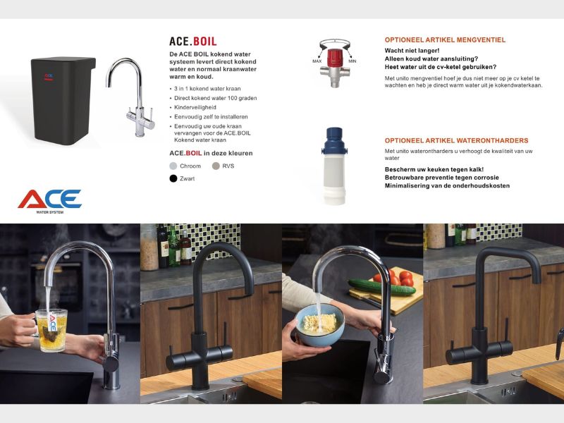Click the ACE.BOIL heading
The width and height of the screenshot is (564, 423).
click(192, 41)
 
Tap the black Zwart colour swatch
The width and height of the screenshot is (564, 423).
click(173, 178)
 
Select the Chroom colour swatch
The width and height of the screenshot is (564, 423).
click(173, 166)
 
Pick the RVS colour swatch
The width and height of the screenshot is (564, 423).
click(216, 166)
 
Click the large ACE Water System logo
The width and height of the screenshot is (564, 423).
click(49, 201)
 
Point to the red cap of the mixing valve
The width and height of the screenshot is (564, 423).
click(334, 58)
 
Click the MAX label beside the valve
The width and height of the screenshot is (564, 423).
click(317, 61)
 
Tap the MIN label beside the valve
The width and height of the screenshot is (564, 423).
click(352, 61)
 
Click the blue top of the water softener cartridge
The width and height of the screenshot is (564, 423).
click(334, 140)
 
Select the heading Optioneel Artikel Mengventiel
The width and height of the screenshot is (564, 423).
click(445, 40)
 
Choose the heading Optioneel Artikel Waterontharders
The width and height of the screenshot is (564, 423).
click(456, 140)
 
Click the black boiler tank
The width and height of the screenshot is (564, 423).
click(63, 101)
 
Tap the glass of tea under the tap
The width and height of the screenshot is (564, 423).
click(51, 330)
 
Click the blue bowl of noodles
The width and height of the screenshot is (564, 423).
click(320, 325)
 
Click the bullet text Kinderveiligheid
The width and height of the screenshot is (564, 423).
click(195, 107)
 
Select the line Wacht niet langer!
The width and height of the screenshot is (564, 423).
click(412, 51)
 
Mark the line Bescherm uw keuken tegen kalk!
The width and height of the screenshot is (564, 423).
click(434, 169)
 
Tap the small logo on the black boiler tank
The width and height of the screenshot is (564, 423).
click(49, 77)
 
